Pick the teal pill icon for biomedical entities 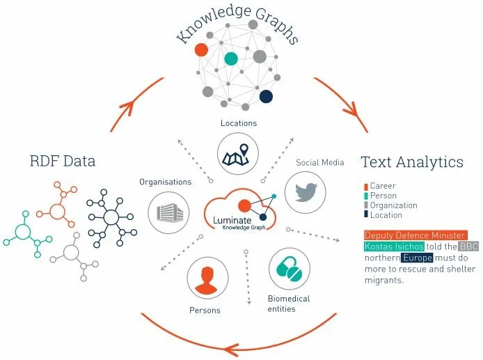point(289,269)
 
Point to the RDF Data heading point(63,162)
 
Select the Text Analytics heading point(412,162)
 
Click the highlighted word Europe point(417,258)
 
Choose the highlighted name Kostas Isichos point(394,246)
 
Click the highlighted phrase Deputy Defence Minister point(415,235)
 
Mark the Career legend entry point(383,186)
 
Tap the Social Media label point(320,163)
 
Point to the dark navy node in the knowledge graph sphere point(266,96)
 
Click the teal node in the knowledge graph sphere point(230,58)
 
